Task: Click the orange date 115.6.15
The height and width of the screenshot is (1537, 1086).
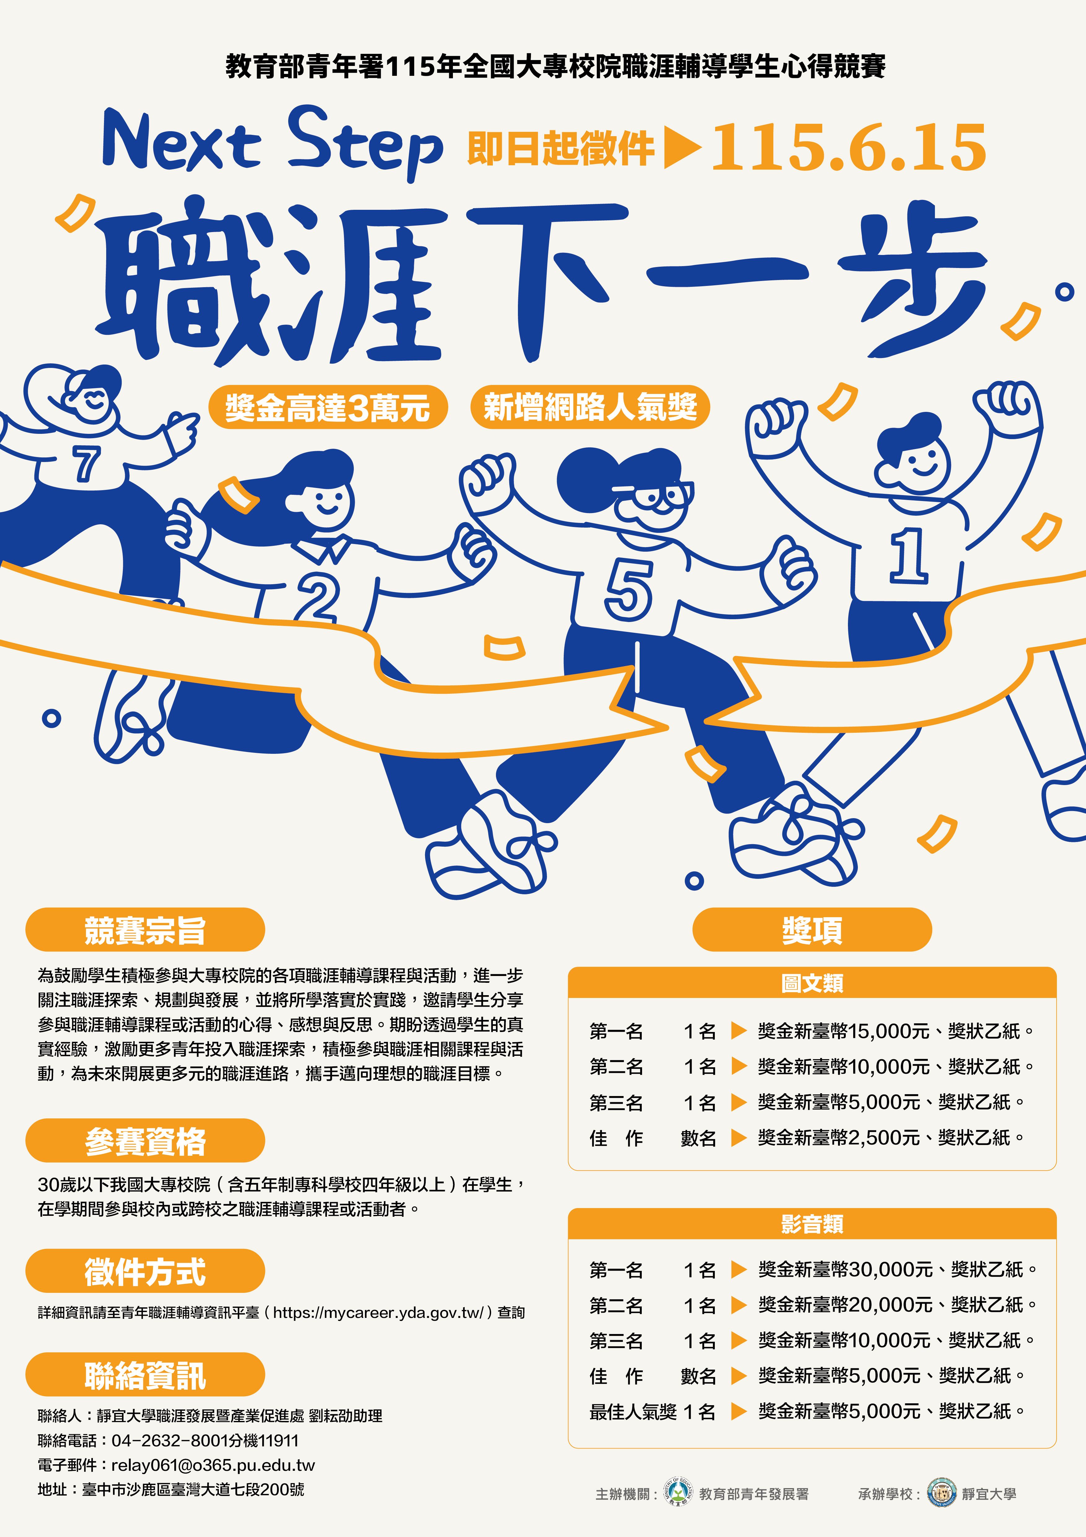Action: tap(848, 147)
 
